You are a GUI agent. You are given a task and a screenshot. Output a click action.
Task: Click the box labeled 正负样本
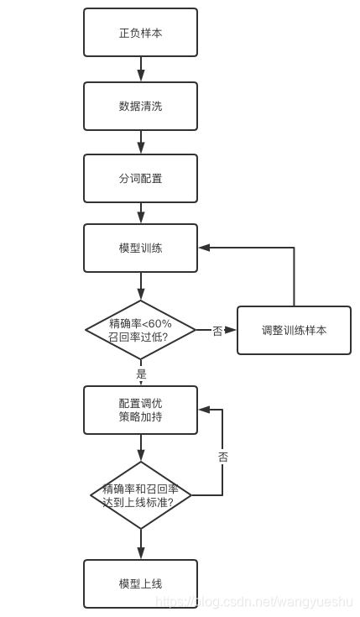(x=141, y=33)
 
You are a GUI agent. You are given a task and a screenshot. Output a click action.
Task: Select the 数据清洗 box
(x=141, y=106)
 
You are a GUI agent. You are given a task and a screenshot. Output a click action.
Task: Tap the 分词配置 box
(x=141, y=178)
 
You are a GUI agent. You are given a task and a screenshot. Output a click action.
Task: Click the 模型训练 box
(x=141, y=248)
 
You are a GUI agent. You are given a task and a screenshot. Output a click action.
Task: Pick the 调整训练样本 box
(x=294, y=330)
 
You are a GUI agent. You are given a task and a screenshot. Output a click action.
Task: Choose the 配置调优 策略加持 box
(x=141, y=410)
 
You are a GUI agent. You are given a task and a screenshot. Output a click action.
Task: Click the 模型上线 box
(x=141, y=583)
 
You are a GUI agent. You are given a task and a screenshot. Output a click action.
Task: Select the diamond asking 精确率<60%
(x=141, y=330)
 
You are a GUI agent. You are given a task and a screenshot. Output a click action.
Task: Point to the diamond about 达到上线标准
(x=141, y=495)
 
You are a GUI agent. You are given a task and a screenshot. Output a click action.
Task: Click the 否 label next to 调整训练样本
(x=217, y=331)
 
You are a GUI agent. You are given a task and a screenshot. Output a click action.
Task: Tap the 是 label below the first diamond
(x=141, y=373)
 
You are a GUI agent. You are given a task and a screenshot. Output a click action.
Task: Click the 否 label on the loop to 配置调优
(x=222, y=458)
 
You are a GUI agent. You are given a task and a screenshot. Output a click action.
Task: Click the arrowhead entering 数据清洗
(x=141, y=76)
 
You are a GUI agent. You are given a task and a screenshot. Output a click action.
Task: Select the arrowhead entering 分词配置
(x=141, y=149)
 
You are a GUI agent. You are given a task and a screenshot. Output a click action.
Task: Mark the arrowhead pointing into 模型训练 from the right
(x=204, y=248)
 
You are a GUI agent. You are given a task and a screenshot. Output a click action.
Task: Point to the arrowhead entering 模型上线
(x=141, y=554)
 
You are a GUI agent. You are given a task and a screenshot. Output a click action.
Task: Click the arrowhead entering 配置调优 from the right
(x=204, y=410)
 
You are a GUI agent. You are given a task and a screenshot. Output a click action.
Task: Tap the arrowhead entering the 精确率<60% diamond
(x=141, y=295)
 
